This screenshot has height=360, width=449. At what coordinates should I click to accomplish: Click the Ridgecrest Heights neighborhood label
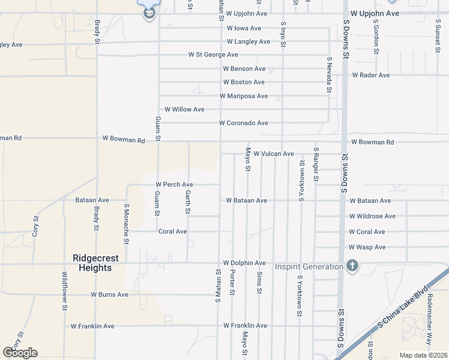95,263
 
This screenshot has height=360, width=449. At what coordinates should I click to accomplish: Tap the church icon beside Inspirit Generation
352,266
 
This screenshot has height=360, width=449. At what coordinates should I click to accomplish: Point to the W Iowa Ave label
244,28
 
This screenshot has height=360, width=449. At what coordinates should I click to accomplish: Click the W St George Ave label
213,55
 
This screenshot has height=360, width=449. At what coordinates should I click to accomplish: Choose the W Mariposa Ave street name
243,96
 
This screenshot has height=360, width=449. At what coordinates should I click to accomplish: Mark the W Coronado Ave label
243,123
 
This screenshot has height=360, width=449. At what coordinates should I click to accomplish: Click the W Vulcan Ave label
273,154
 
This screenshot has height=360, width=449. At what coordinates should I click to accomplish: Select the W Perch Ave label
174,185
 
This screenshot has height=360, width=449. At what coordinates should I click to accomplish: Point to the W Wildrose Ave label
372,216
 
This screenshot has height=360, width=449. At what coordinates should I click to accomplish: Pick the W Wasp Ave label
367,247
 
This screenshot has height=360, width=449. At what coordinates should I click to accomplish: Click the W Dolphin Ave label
244,263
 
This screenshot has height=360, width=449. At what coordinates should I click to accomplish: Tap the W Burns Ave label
109,295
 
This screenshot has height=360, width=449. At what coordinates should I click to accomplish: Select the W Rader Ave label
370,76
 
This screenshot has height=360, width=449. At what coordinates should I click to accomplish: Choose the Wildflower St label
64,291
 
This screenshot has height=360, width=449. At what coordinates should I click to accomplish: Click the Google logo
20,353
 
